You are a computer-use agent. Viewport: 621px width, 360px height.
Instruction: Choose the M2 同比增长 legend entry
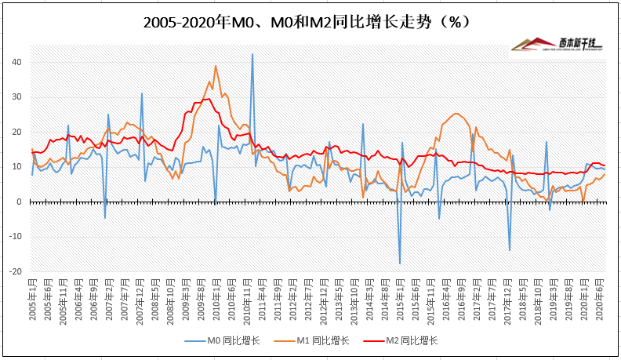click(411, 340)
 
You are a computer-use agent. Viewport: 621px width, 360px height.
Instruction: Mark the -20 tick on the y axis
click(15, 271)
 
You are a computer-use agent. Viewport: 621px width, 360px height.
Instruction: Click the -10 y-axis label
click(15, 237)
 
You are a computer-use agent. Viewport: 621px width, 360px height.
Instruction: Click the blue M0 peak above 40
click(252, 54)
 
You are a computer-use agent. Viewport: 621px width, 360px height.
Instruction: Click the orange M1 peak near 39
click(216, 66)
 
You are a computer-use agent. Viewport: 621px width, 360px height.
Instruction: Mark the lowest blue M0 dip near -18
click(400, 264)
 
